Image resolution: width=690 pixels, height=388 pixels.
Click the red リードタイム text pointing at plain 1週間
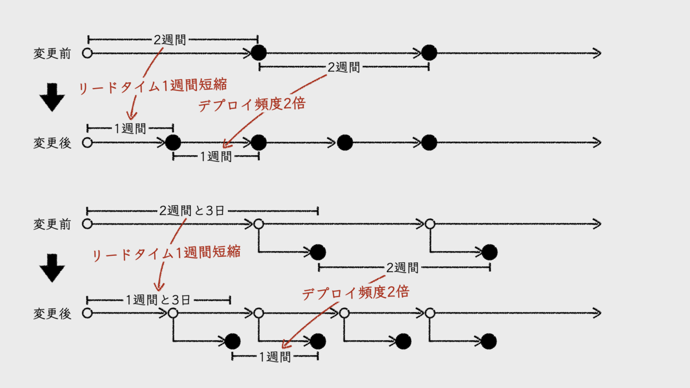[154, 85]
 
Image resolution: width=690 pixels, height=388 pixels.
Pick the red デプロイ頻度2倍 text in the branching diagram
[355, 292]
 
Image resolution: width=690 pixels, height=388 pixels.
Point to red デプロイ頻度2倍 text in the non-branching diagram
[251, 104]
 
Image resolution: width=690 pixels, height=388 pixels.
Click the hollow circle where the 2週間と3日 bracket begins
[87, 224]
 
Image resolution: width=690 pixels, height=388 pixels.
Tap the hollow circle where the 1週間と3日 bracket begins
[87, 313]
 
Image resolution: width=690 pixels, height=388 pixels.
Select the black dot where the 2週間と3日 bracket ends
[317, 252]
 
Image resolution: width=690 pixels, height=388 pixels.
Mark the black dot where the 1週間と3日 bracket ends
[232, 341]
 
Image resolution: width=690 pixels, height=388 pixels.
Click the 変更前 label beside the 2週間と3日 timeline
[52, 224]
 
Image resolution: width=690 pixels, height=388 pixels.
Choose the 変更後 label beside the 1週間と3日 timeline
[52, 314]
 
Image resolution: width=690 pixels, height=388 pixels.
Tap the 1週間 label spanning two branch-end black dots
[275, 357]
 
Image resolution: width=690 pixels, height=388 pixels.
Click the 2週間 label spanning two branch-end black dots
[402, 268]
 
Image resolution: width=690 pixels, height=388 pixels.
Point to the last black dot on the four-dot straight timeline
[429, 143]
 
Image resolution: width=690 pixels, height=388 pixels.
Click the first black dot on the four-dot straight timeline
[172, 143]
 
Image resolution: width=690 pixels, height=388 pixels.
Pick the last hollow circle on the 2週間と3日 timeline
[430, 224]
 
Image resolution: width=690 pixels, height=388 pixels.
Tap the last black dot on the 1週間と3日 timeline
[489, 341]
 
